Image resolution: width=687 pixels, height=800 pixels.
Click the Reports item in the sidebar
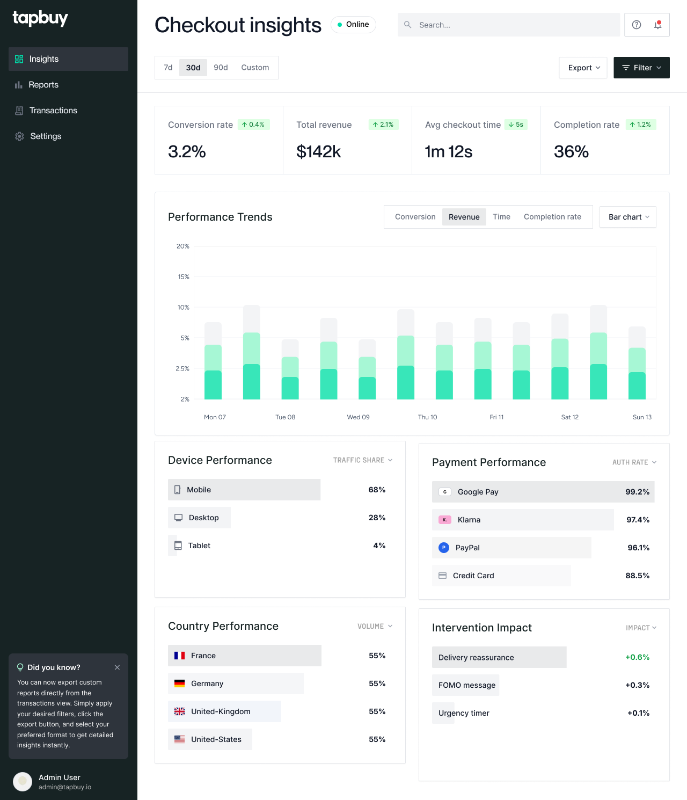point(43,85)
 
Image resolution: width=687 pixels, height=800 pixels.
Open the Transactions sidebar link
point(53,111)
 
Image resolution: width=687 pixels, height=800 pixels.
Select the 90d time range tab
point(221,68)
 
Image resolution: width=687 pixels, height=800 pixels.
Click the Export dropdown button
point(583,68)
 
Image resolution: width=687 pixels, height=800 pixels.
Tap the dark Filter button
point(641,68)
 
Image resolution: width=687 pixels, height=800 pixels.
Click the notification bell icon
point(658,25)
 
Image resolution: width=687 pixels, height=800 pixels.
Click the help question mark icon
point(637,25)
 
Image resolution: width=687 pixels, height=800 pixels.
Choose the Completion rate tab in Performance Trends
point(552,217)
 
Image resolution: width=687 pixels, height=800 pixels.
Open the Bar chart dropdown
point(628,217)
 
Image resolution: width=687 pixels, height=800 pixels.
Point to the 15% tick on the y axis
point(184,277)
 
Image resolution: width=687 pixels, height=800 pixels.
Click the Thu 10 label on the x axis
point(427,417)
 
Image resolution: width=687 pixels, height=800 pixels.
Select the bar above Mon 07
point(213,370)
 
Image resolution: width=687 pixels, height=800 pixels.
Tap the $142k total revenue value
point(319,152)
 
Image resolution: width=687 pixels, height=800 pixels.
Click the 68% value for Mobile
point(377,490)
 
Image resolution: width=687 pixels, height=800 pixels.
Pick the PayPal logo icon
point(444,548)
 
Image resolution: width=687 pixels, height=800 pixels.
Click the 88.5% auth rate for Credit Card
point(637,576)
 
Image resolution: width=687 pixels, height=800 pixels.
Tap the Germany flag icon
point(180,683)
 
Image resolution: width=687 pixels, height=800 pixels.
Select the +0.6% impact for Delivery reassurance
point(637,657)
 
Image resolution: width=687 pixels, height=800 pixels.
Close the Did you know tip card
point(117,667)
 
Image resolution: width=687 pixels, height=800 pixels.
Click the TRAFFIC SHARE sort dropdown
point(363,460)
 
